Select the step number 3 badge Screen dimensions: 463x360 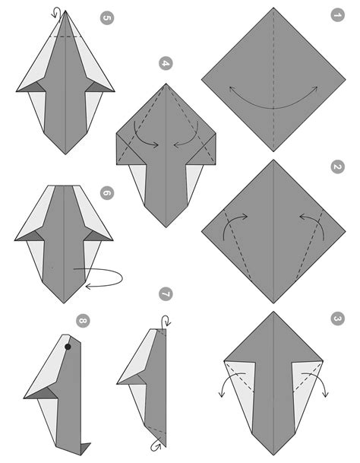tap(337, 319)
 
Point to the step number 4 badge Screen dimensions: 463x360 tap(166, 64)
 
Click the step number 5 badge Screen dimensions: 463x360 tap(107, 17)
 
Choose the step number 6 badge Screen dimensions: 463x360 tap(106, 193)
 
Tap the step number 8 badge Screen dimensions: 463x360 tap(83, 321)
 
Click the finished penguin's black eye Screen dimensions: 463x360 tap(68, 347)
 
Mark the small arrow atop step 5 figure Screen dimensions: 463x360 tap(55, 12)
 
